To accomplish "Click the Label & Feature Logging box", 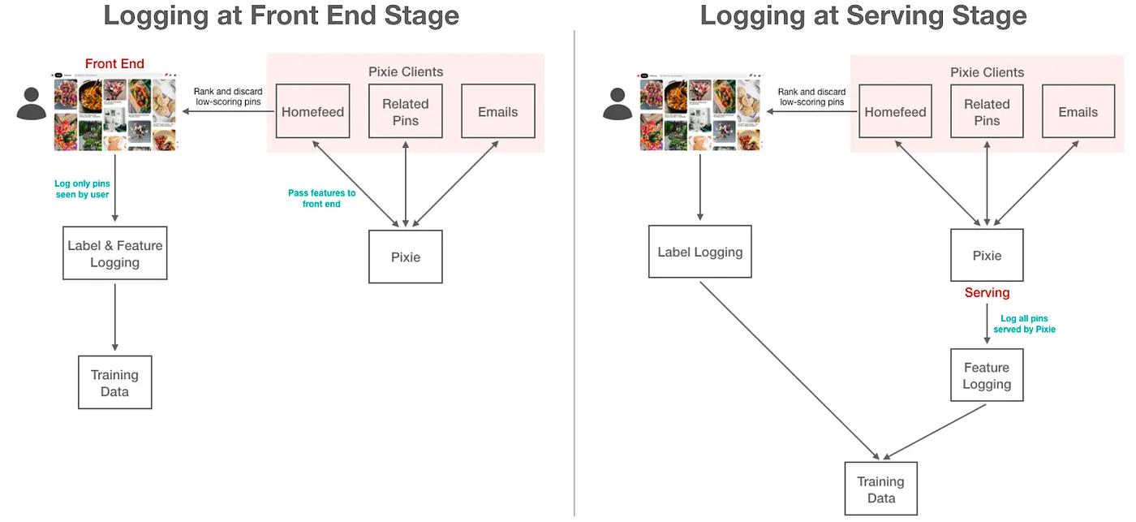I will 115,253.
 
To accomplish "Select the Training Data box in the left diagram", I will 114,382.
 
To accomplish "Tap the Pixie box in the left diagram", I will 406,257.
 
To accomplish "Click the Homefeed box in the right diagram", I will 895,111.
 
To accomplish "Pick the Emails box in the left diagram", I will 497,111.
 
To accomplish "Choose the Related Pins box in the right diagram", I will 987,111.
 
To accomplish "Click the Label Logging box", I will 699,252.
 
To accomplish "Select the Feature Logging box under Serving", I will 987,375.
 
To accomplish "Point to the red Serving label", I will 987,293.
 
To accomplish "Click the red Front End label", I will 114,64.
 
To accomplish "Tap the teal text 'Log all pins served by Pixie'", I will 1024,324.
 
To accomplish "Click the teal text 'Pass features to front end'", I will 321,198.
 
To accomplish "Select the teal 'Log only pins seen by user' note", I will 82,189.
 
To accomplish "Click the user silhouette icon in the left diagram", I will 32,103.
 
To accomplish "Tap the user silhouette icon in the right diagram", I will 617,103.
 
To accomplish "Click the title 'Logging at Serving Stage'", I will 863,15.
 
